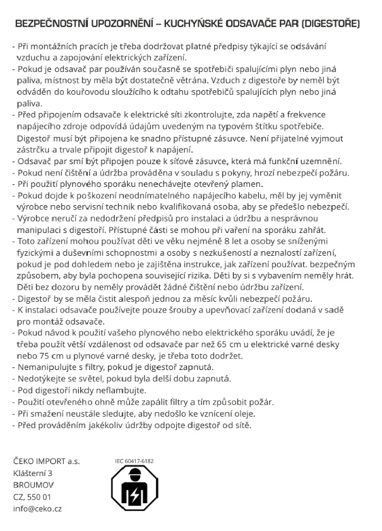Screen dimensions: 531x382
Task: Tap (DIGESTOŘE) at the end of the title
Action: [331, 25]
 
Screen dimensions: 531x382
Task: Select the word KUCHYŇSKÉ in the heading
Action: [193, 25]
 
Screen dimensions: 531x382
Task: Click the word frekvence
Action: [323, 114]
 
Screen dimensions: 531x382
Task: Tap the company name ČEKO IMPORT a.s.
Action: [46, 462]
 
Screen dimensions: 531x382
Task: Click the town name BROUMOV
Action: [33, 485]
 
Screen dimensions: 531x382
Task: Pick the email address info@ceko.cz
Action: [37, 508]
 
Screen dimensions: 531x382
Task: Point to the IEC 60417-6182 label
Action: [134, 461]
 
